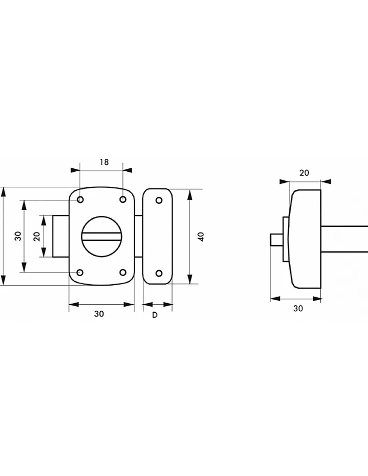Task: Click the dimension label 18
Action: click(x=104, y=162)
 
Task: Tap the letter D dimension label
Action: click(x=155, y=315)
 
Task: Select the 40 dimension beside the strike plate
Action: click(x=201, y=237)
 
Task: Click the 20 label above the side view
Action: click(x=304, y=173)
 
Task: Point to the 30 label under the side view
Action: click(x=298, y=308)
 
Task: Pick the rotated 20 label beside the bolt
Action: click(x=37, y=236)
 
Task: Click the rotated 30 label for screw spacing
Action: click(x=18, y=236)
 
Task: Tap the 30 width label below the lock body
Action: click(x=99, y=314)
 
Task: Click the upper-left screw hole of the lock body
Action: click(x=80, y=200)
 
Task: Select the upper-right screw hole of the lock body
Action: click(x=123, y=199)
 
